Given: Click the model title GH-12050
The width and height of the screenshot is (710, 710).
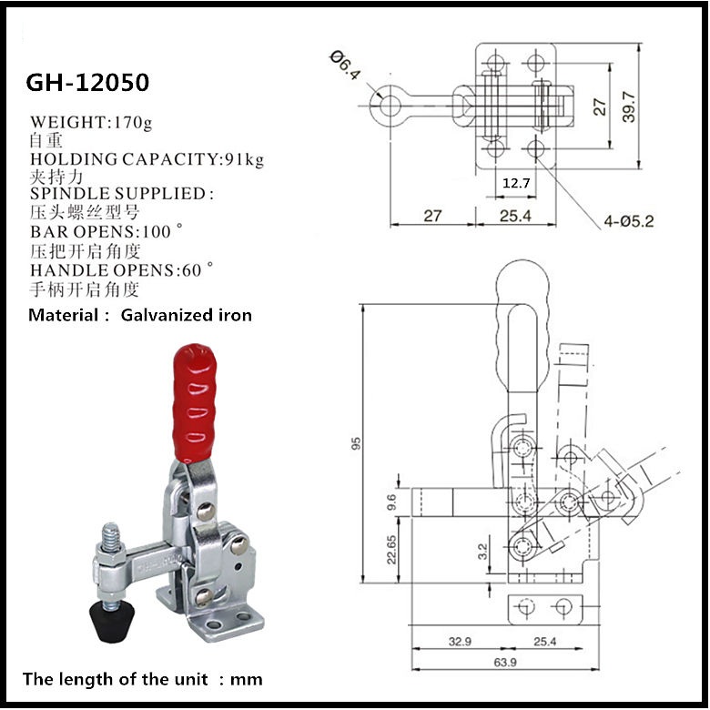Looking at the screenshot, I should tap(87, 83).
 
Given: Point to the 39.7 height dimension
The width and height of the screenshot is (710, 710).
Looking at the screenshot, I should tap(628, 106).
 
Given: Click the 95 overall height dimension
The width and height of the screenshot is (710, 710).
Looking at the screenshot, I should tap(358, 443).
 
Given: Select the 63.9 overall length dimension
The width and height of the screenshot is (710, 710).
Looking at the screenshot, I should tap(504, 661).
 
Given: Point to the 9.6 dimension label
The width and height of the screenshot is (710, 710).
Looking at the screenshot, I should tap(391, 501).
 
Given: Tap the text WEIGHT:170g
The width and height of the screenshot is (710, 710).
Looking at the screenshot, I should tap(92, 121).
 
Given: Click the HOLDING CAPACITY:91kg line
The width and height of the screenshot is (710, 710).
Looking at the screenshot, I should tap(147, 158).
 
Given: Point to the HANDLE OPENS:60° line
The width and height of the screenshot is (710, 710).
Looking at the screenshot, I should tap(122, 269).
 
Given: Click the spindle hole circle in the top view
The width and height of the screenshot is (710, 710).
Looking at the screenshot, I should tap(390, 106).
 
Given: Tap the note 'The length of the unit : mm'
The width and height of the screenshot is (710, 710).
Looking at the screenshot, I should tap(142, 678).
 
